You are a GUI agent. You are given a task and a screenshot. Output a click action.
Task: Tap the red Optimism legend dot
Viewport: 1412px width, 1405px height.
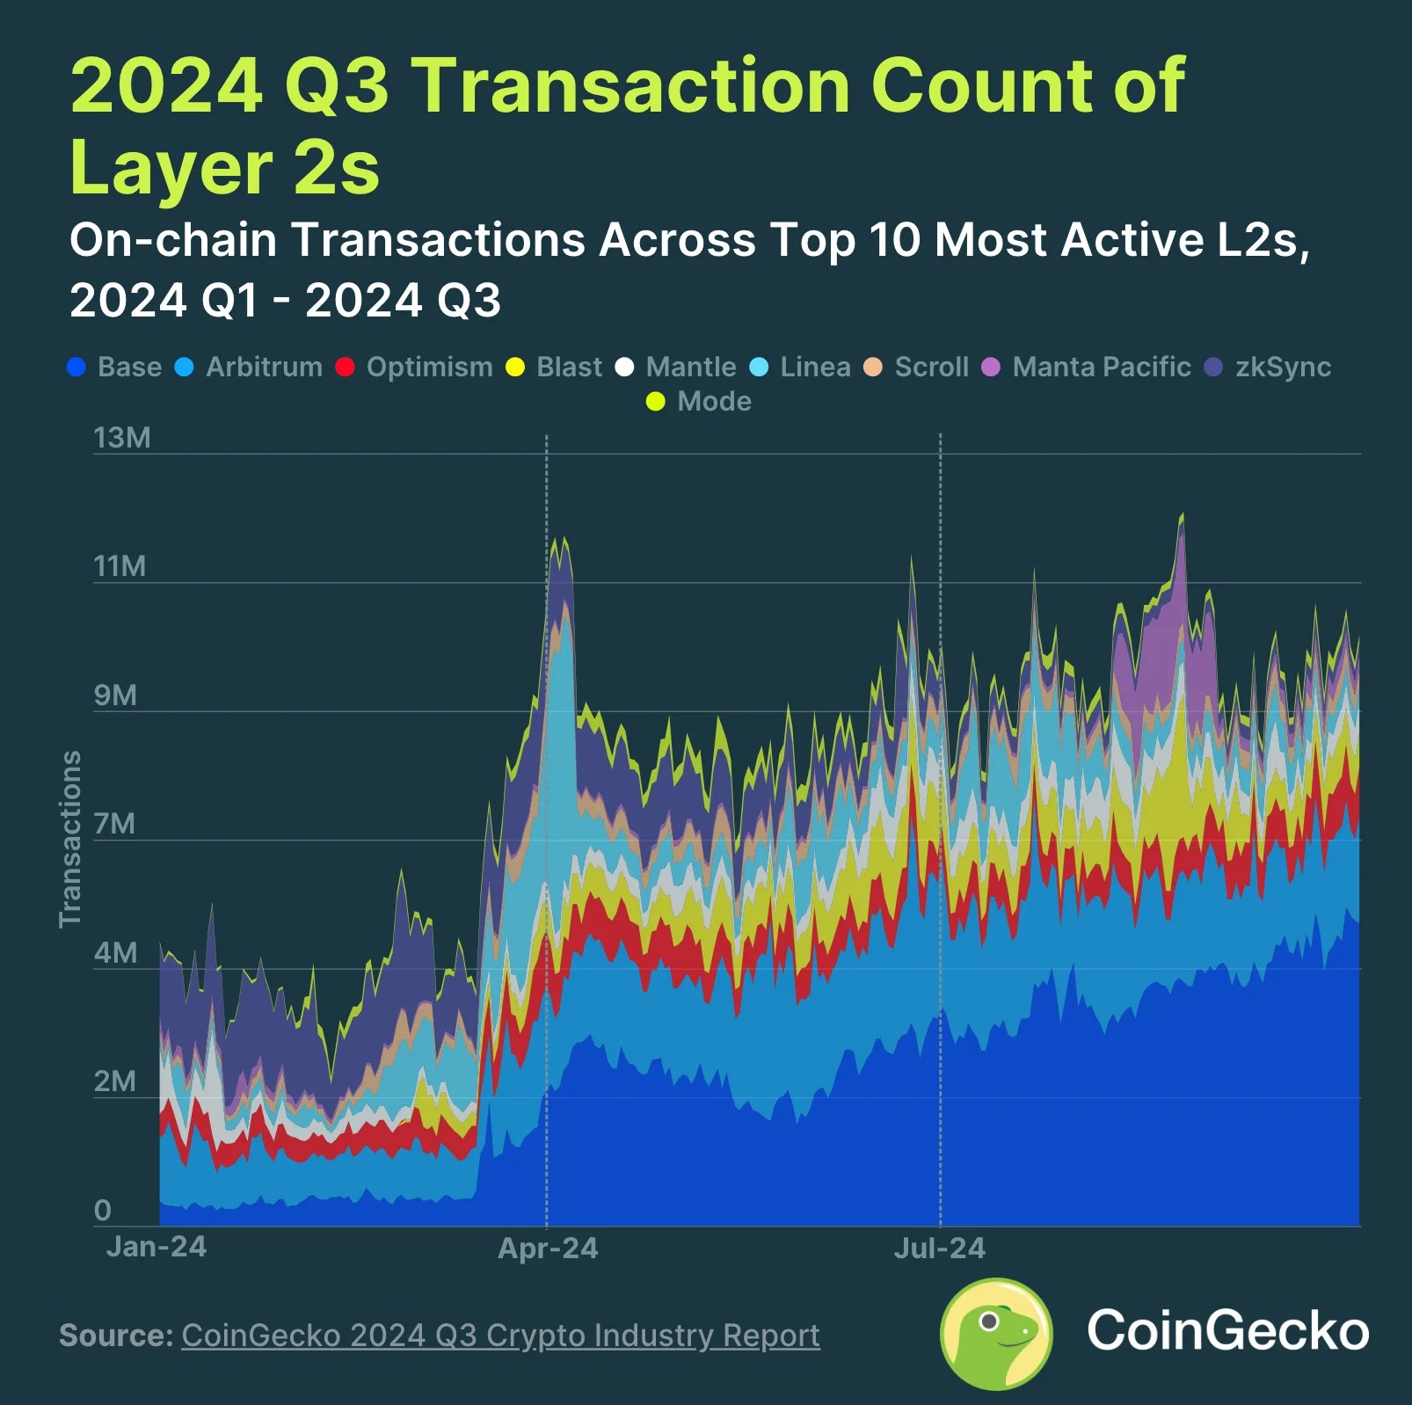345,367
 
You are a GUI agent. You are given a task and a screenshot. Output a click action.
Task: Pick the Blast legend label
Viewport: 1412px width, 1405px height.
569,367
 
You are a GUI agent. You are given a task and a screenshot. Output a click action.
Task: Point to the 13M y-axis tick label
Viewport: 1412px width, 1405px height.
122,437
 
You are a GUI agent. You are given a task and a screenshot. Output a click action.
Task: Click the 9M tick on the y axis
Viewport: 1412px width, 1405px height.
116,695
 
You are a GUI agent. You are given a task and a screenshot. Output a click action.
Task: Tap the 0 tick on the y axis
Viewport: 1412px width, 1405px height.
103,1210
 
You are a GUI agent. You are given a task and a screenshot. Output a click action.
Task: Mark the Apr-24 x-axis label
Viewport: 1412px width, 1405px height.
548,1248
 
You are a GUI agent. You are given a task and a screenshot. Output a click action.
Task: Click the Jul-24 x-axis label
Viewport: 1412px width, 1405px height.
939,1248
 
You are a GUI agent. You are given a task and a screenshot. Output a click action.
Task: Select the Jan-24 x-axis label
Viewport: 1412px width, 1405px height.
156,1246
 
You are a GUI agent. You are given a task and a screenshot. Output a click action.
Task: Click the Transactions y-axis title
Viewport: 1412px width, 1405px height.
69,839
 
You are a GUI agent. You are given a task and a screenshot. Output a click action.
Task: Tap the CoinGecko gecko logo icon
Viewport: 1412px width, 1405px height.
996,1333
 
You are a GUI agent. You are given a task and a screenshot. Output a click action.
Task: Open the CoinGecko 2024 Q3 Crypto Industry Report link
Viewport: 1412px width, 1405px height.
500,1335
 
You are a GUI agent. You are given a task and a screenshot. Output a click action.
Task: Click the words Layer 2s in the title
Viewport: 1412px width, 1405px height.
225,167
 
